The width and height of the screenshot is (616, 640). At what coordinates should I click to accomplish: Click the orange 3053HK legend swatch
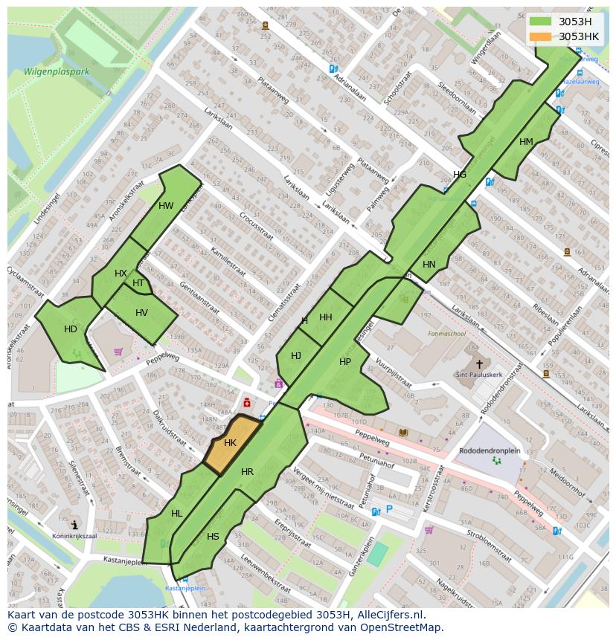(x=541, y=36)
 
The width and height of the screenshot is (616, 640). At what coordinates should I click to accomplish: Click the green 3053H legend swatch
(x=541, y=22)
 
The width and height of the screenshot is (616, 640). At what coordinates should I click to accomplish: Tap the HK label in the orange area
(x=230, y=443)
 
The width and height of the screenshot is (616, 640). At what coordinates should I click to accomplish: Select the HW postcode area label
(x=166, y=206)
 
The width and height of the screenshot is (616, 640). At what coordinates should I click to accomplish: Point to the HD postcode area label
(x=71, y=329)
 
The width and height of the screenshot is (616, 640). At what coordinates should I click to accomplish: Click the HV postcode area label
(x=141, y=313)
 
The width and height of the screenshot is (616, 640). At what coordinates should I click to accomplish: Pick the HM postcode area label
(x=526, y=142)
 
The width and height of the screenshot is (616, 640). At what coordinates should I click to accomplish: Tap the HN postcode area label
(x=429, y=265)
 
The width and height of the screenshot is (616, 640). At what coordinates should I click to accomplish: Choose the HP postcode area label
(x=345, y=362)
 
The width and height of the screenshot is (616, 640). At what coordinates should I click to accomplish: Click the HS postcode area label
(x=213, y=537)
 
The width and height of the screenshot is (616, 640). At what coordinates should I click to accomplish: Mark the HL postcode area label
(x=176, y=514)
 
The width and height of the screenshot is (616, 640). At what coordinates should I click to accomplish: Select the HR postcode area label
(x=247, y=472)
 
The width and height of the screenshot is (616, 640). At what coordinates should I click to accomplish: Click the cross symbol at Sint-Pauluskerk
(x=479, y=364)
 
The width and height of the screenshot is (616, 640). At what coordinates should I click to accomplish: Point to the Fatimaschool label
(x=446, y=334)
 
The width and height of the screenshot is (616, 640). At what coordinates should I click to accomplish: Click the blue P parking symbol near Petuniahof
(x=388, y=510)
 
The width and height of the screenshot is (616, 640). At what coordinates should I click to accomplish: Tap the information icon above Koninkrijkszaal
(x=74, y=525)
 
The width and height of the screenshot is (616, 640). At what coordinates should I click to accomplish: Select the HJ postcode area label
(x=296, y=356)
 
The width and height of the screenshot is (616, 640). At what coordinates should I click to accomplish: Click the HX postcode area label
(x=121, y=274)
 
